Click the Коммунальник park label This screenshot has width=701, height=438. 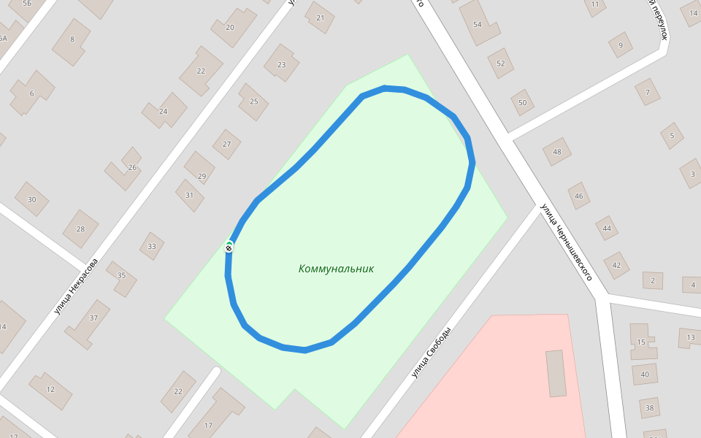click(x=336, y=269)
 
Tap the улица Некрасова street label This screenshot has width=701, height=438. click(x=75, y=287)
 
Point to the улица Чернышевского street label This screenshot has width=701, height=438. click(x=565, y=242)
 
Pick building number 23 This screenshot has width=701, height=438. click(x=281, y=64)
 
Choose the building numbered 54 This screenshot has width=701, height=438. click(x=478, y=24)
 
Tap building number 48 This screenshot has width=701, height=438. click(x=557, y=152)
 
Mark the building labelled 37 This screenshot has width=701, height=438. click(x=93, y=318)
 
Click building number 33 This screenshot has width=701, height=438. click(x=152, y=246)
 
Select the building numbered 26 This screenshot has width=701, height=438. click(x=132, y=167)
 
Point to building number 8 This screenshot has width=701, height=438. click(x=72, y=39)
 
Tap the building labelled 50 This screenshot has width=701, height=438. click(x=522, y=102)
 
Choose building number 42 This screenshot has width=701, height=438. click(x=616, y=265)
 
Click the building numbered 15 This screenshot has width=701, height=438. click(x=641, y=342)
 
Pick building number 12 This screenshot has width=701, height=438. click(x=50, y=390)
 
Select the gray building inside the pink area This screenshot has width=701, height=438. click(x=556, y=373)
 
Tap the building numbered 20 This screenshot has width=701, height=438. click(x=230, y=27)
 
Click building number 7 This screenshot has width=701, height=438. click(x=647, y=92)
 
